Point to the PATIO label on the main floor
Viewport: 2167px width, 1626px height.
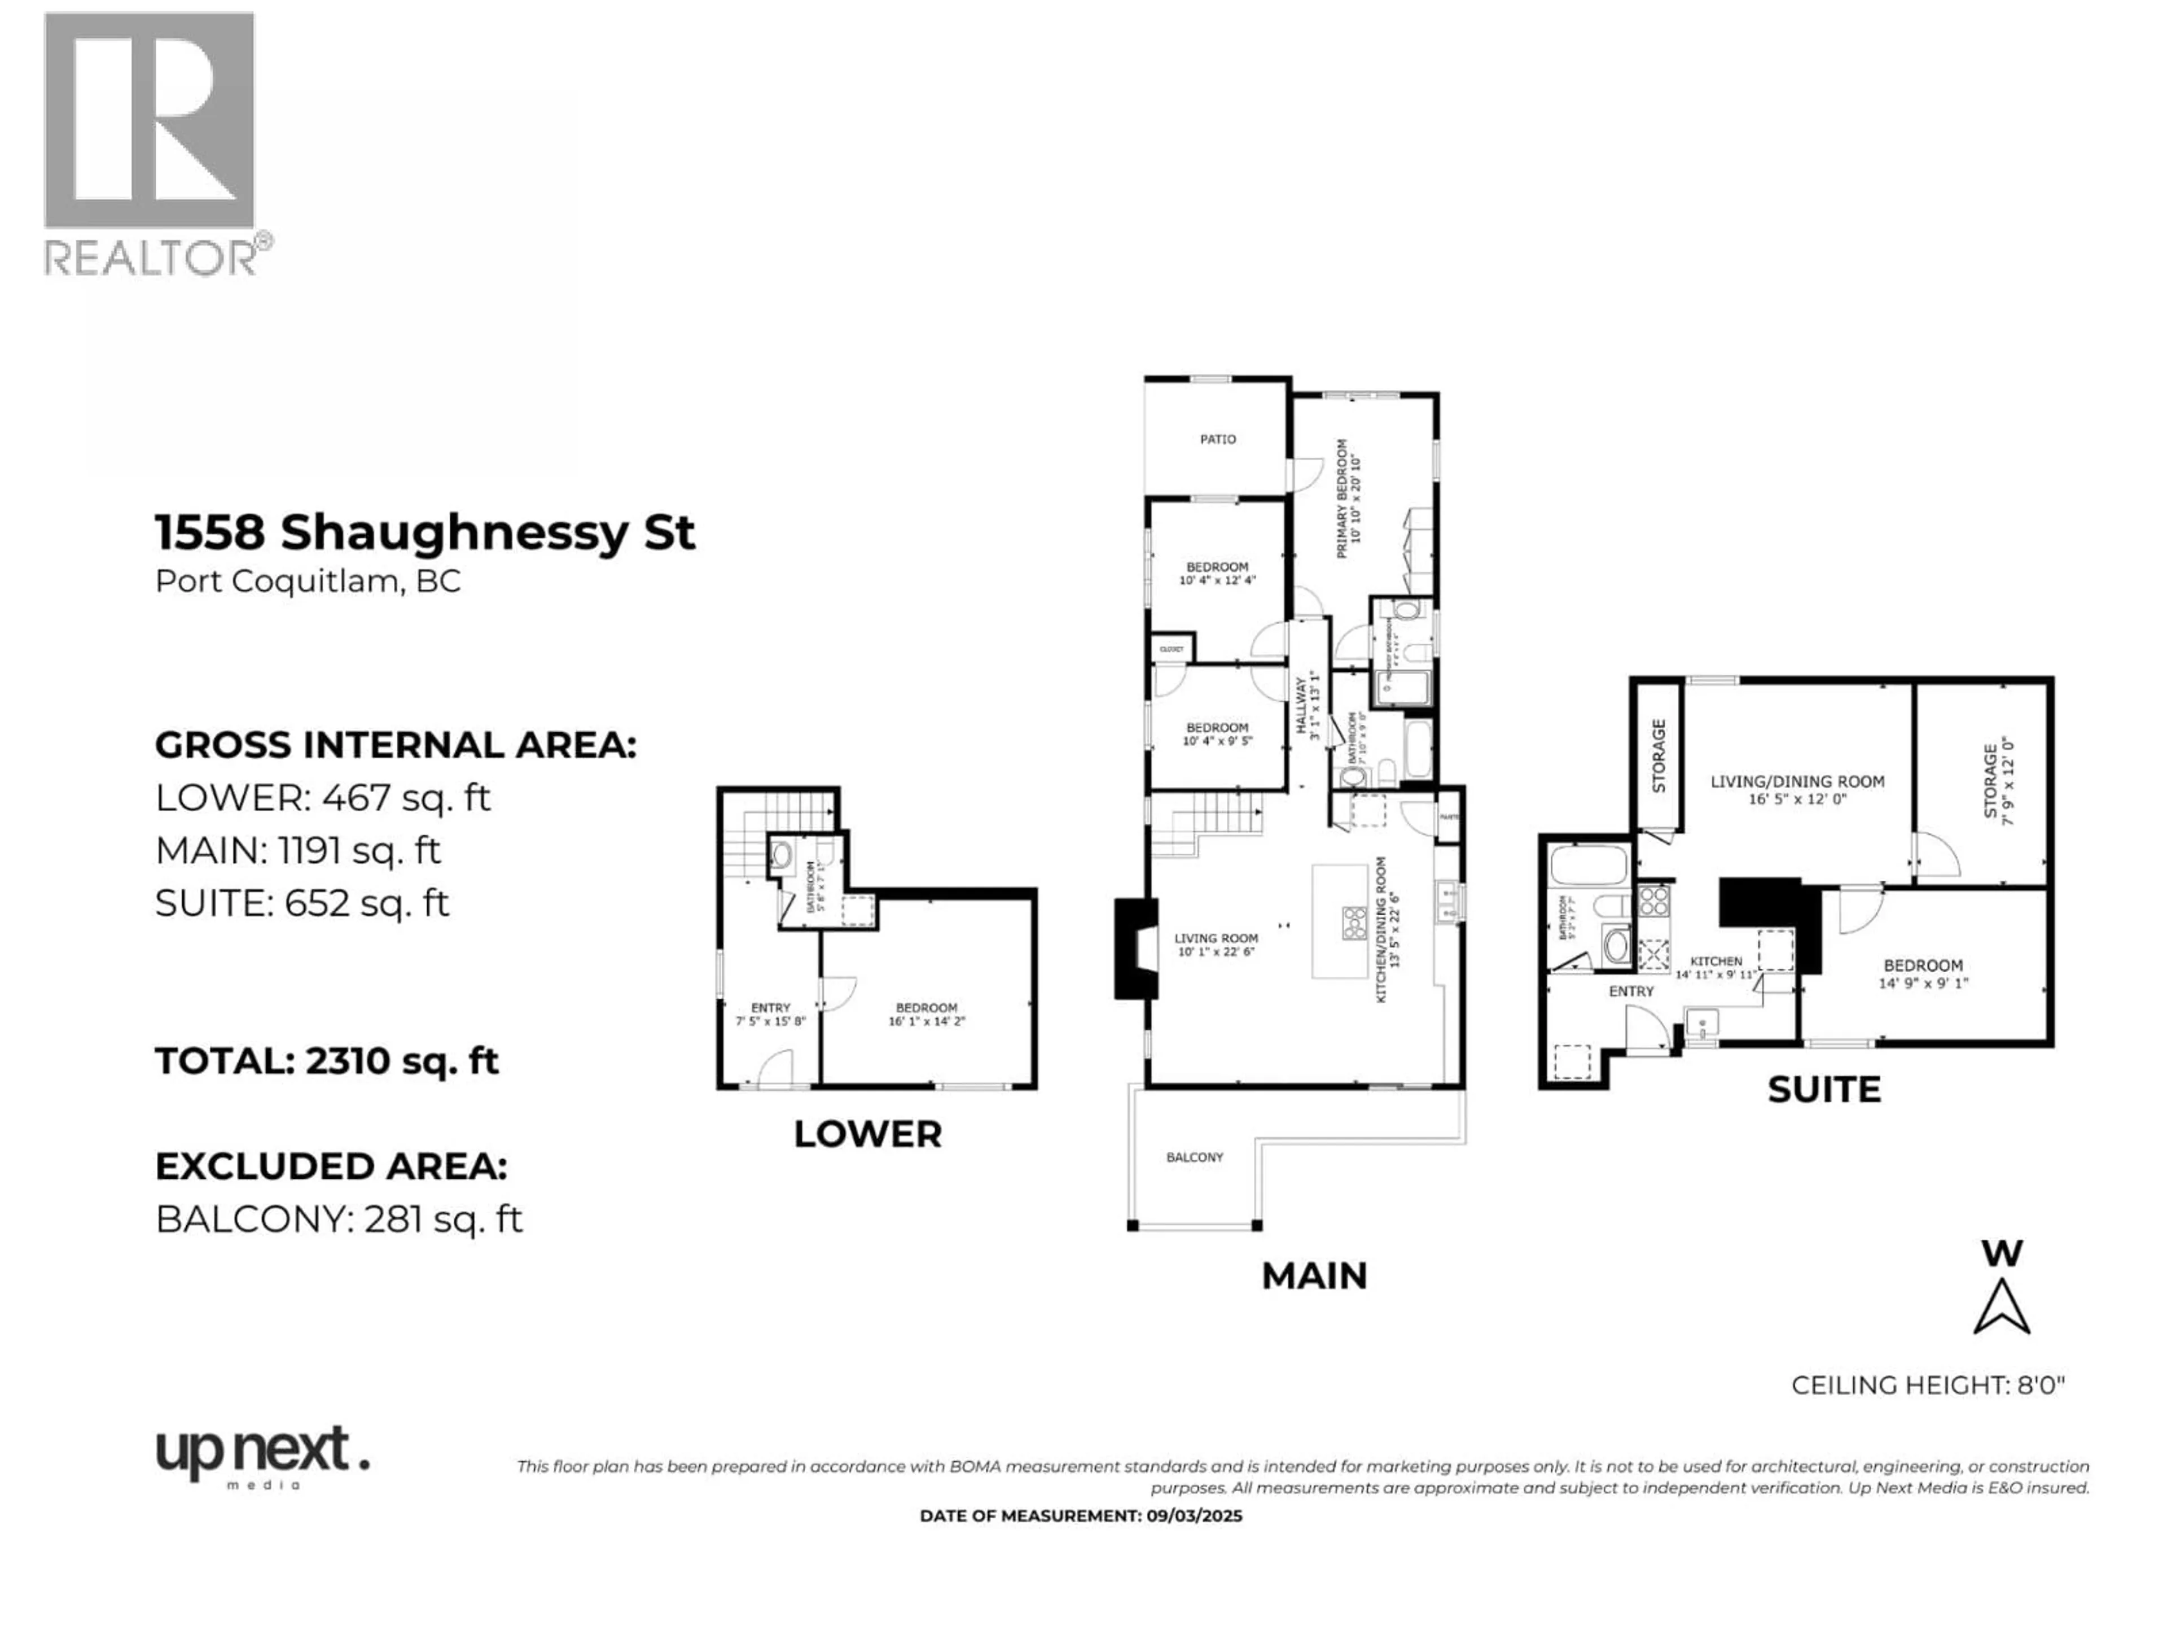pos(1218,440)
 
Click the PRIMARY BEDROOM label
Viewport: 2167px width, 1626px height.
pos(1349,498)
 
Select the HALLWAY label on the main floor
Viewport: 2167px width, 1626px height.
pos(1308,703)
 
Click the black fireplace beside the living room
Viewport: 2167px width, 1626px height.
pos(1130,948)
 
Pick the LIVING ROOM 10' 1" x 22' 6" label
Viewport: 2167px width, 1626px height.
pos(1216,945)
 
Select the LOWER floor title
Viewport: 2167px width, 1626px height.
pos(867,1135)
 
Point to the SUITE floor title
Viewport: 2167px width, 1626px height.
pos(1824,1090)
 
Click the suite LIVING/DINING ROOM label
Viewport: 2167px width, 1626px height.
pos(1798,789)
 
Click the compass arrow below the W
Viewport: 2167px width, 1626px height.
pos(2002,1309)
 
